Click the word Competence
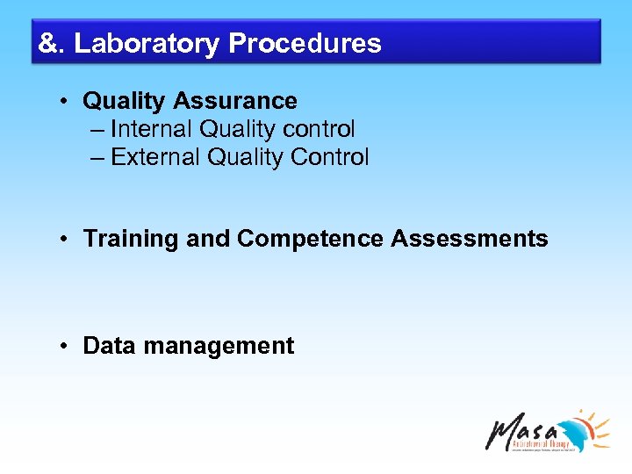click(311, 239)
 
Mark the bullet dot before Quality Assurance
click(66, 101)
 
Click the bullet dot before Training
click(66, 239)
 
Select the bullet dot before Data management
click(66, 346)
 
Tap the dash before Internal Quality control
click(97, 129)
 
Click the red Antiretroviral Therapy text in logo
click(540, 443)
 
